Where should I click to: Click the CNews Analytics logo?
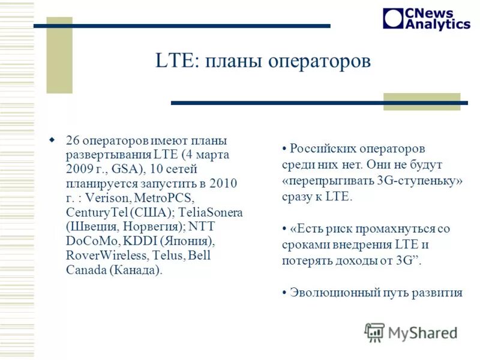click(x=426, y=18)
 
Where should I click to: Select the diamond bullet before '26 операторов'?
click(x=52, y=140)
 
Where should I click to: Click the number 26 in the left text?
click(x=73, y=141)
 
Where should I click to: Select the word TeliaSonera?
click(x=212, y=213)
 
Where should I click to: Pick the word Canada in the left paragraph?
click(x=86, y=270)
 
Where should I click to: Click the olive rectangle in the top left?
click(x=59, y=55)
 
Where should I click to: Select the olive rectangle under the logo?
click(x=421, y=101)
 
